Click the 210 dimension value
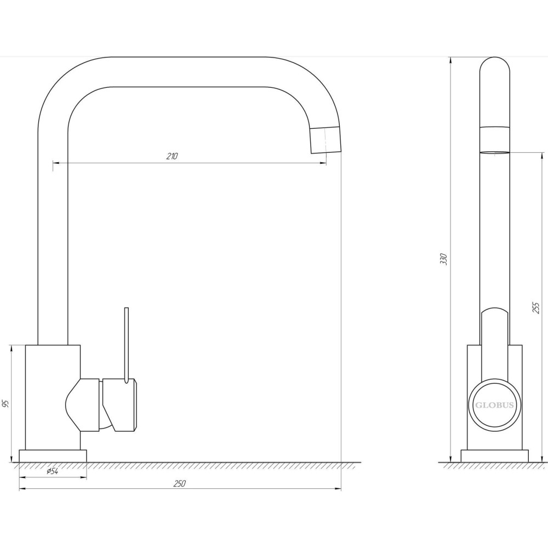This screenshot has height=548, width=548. [172, 156]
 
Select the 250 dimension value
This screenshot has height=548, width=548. [180, 483]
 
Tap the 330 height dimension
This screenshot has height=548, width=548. [444, 259]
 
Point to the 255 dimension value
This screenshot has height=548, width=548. [535, 308]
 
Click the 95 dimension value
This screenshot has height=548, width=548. [5, 404]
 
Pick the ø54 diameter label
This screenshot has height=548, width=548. [53, 471]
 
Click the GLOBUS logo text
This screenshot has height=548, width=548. [494, 405]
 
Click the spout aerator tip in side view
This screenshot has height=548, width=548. [494, 152]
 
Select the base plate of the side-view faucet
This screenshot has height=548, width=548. [494, 456]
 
